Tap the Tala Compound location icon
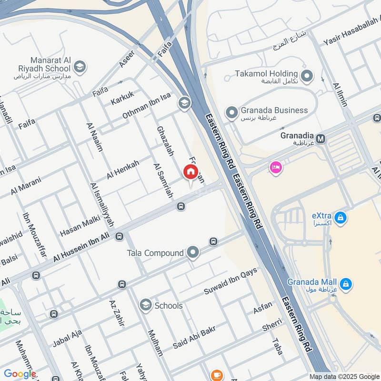pos(193,253)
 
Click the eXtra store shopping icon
pos(340,218)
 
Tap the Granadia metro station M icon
pos(321,139)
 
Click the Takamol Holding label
pos(267,74)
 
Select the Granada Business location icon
pos(232,113)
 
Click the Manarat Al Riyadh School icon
pos(80,66)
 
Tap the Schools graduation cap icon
pos(146,305)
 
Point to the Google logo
pos(20,374)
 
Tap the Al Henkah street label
pos(123,170)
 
